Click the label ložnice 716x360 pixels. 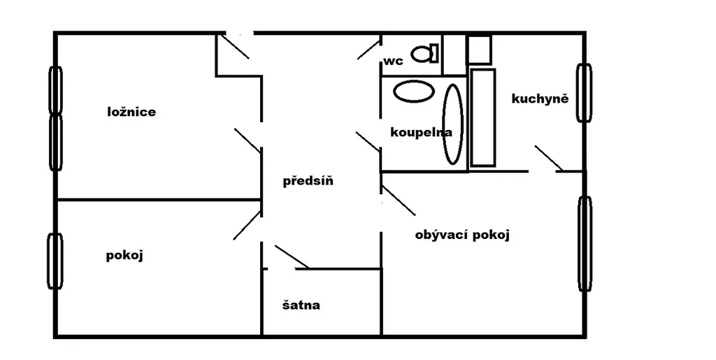(x=131, y=112)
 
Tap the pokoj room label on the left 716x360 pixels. (x=124, y=255)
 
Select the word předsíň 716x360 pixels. (x=308, y=182)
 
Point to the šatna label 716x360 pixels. (x=301, y=305)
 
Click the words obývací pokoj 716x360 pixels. (x=462, y=235)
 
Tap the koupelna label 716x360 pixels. (x=421, y=132)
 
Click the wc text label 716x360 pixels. (x=393, y=62)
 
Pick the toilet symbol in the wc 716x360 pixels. (x=424, y=52)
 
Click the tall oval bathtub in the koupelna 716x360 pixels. (x=454, y=123)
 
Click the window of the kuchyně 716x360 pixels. (x=584, y=93)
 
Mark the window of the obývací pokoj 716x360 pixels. (x=585, y=244)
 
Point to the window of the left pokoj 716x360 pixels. (x=55, y=262)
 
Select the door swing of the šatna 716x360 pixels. (x=292, y=257)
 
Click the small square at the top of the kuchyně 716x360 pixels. (x=479, y=50)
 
